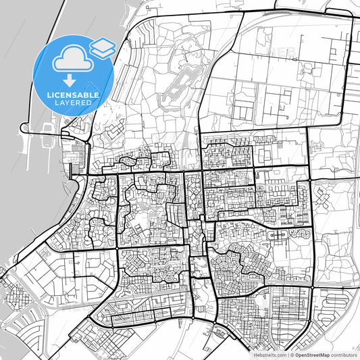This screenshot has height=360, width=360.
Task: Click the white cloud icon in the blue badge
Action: click(71, 59)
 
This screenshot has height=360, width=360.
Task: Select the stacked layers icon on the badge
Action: click(102, 47)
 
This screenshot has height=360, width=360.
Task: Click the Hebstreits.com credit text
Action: click(270, 355)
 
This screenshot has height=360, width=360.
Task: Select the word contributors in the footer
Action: click(344, 355)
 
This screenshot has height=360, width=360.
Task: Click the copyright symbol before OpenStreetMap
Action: click(292, 355)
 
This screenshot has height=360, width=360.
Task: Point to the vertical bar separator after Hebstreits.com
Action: click(288, 355)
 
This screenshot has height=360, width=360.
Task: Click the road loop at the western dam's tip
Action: click(26, 127)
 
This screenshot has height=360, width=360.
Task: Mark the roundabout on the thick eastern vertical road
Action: click(311, 287)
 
